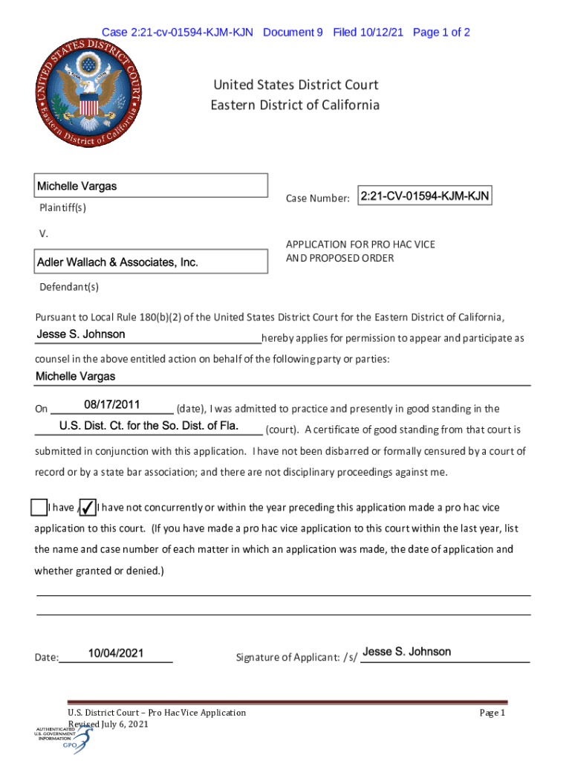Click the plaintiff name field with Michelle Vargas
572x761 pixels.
click(152, 186)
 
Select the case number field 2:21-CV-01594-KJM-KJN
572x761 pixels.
click(424, 196)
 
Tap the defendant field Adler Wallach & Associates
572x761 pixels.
click(152, 262)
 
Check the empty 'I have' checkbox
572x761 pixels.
click(39, 508)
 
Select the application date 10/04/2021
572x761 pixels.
click(115, 653)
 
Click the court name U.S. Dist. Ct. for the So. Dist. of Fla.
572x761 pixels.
click(149, 426)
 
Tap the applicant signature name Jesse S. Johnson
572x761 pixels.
click(407, 652)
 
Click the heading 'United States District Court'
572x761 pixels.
click(295, 85)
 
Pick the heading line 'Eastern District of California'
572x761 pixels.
click(295, 105)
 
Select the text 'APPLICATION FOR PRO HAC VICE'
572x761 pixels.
click(360, 244)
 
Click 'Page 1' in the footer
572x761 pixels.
click(492, 713)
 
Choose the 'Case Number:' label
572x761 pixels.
click(317, 198)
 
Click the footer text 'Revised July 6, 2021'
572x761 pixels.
click(108, 725)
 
